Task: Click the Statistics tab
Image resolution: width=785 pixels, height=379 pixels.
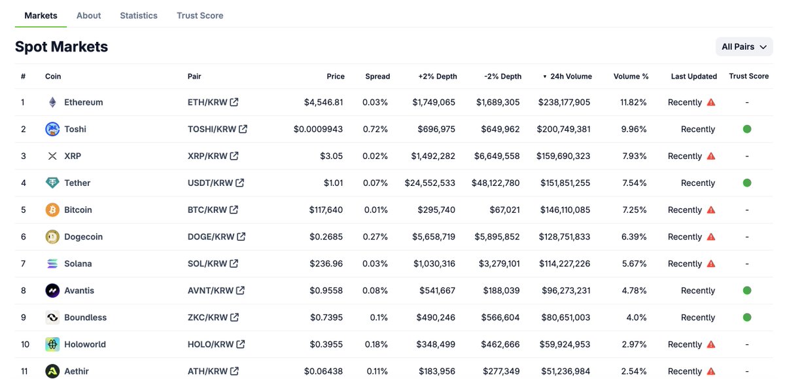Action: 139,15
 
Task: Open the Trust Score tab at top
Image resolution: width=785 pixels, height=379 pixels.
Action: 200,15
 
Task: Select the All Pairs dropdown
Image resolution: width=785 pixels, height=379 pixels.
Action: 744,46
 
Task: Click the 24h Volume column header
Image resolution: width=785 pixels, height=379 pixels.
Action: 570,76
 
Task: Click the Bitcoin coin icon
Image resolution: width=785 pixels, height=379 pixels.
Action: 52,209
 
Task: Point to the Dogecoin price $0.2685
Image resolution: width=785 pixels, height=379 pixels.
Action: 326,236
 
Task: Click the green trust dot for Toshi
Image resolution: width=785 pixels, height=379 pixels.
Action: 746,129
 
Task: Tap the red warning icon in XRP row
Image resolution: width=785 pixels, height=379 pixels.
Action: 711,156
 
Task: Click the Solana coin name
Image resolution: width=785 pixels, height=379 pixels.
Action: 78,263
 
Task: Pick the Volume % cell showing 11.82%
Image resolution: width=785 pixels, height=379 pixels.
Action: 633,102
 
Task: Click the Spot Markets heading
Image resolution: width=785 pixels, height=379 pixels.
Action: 61,46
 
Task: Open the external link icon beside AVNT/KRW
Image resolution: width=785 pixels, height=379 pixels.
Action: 241,290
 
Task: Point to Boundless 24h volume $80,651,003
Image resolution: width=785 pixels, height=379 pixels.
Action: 564,317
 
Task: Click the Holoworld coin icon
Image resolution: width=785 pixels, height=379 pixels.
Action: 52,344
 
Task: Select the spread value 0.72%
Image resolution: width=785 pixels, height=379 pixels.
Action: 375,129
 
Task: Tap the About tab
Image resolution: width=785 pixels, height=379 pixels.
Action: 88,15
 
